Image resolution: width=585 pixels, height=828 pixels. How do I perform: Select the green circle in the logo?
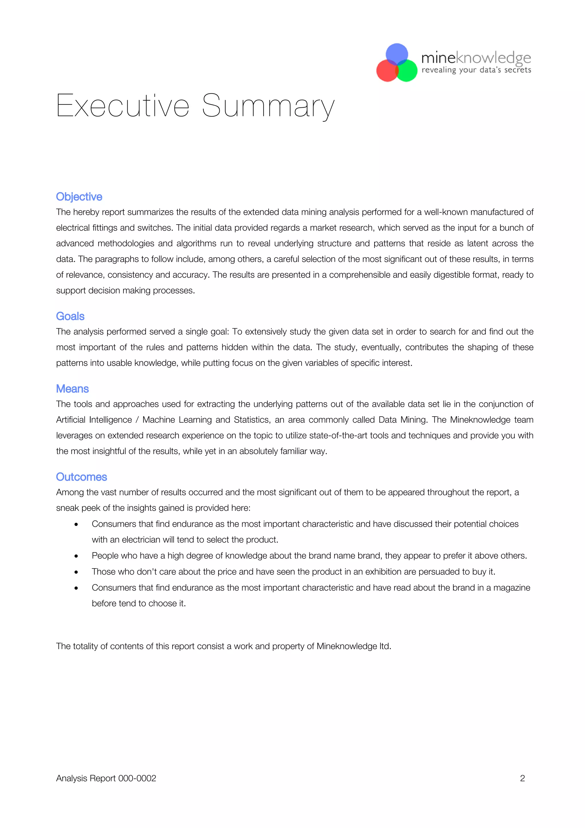click(407, 71)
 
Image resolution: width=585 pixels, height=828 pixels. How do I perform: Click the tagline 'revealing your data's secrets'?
click(476, 70)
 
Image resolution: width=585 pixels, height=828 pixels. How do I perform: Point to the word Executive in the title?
click(123, 106)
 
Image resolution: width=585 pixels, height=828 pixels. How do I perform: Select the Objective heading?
click(79, 197)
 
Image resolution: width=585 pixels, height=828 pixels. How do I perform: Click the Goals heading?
click(70, 316)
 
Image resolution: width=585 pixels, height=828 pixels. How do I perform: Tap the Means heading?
click(72, 389)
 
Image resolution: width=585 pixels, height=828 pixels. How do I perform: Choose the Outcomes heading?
click(81, 477)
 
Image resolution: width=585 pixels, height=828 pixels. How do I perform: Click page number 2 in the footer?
click(522, 778)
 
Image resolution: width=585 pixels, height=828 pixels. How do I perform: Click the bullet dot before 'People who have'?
click(76, 556)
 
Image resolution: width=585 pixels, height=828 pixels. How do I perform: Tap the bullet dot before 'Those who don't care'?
click(76, 572)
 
